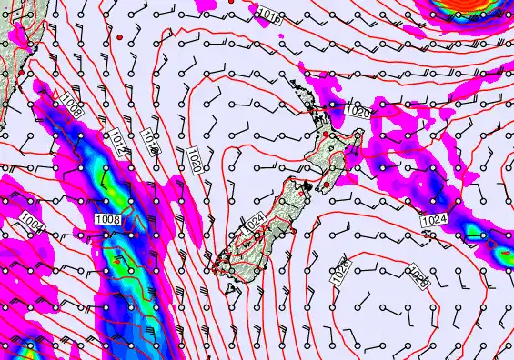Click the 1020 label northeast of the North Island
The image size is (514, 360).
tap(358, 113)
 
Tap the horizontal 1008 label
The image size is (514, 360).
tap(107, 218)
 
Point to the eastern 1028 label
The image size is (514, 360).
tap(418, 275)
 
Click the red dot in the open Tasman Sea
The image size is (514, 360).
tap(119, 35)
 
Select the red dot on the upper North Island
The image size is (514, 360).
tap(326, 135)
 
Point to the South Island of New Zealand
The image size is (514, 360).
tap(259, 227)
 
